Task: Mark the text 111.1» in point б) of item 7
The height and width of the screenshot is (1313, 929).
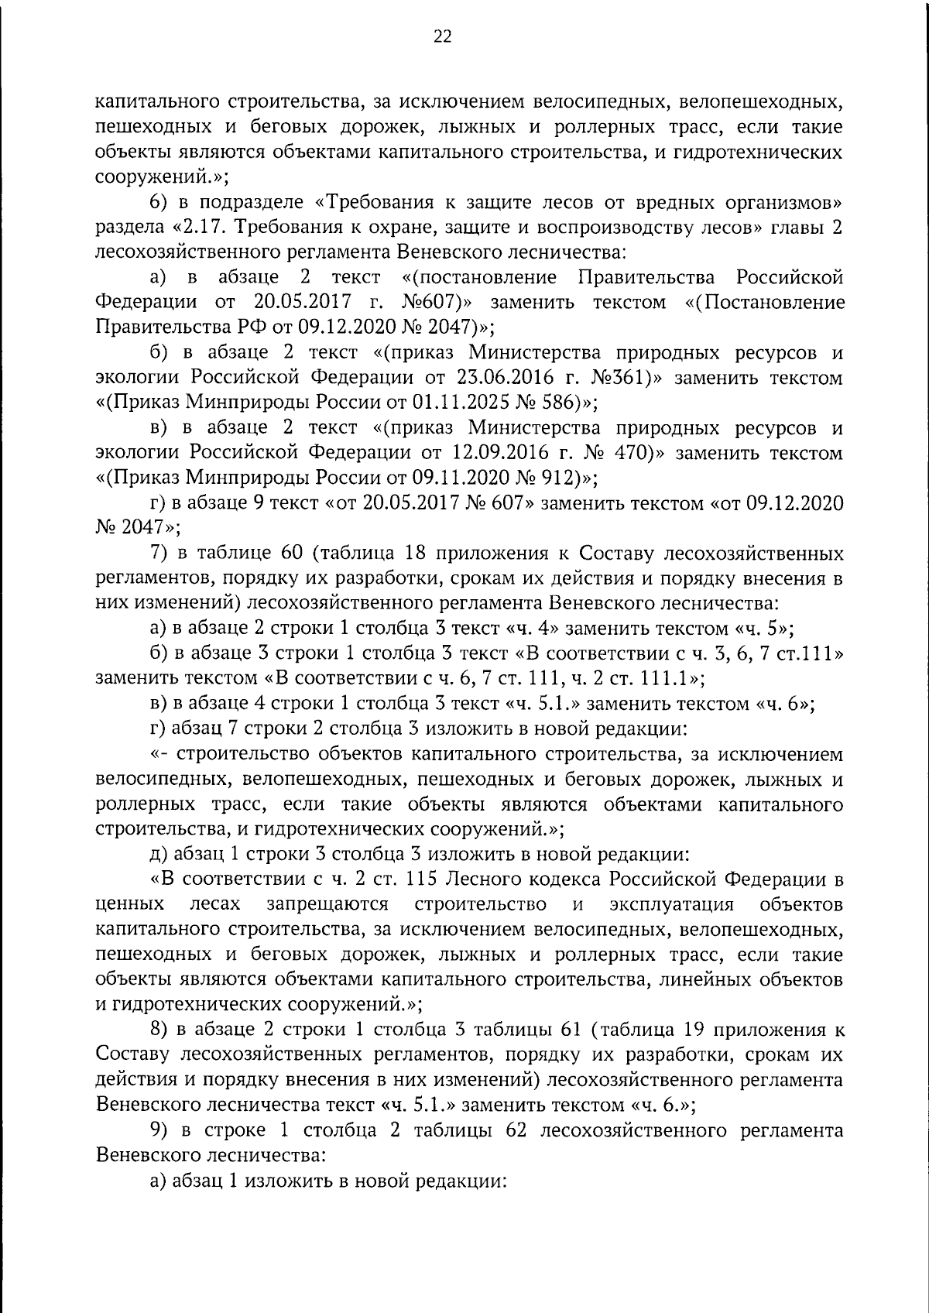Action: coord(674,678)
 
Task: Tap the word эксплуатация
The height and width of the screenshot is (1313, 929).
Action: coord(671,904)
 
